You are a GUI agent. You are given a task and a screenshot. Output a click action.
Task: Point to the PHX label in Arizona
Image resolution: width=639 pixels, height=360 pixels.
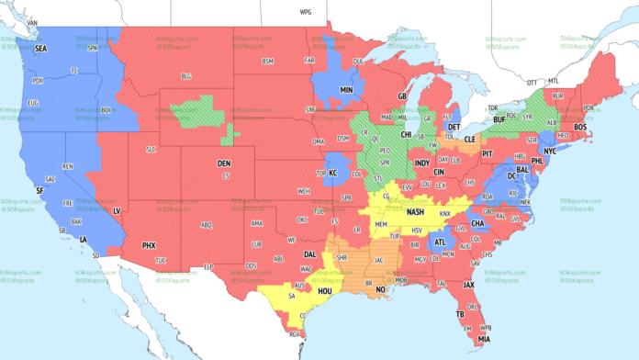tap(149, 246)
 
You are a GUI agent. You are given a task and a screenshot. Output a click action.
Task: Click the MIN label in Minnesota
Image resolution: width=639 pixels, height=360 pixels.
tap(347, 90)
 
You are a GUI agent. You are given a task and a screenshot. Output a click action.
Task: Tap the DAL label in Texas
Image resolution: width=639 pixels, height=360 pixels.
tap(310, 254)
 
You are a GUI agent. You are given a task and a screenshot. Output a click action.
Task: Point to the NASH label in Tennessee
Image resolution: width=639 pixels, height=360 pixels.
tap(415, 212)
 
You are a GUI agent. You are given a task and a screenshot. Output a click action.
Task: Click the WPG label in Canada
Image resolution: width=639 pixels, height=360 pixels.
tap(305, 14)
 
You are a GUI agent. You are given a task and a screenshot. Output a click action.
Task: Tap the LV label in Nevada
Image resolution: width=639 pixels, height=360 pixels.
tap(117, 211)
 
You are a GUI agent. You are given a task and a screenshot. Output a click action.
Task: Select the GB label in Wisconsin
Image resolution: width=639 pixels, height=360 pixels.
tap(401, 96)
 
